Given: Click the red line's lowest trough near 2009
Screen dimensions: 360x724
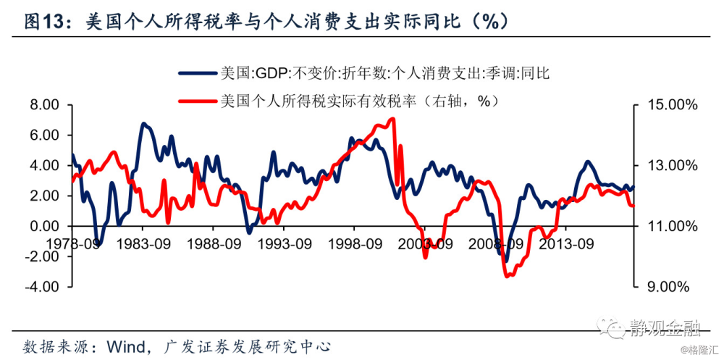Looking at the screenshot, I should point(508,275).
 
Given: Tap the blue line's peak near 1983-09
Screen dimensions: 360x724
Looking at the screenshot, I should point(143,124).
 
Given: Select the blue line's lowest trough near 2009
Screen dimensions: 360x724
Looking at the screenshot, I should point(506,261).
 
